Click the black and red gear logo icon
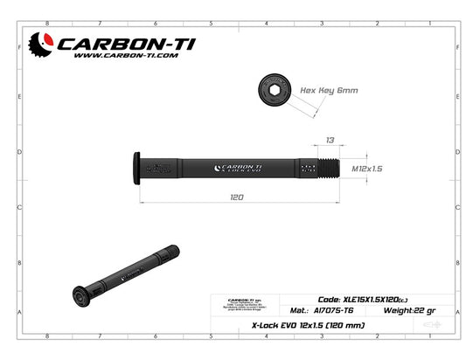coord(41,44)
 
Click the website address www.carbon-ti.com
coord(126,55)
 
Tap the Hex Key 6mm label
coord(329,91)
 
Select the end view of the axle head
coord(274,90)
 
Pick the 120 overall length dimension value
coord(236,198)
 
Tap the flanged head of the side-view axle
coord(136,168)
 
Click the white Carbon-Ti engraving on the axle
coord(238,168)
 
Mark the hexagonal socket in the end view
coord(274,90)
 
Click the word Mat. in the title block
coord(297,310)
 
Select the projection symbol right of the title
coord(431,325)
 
